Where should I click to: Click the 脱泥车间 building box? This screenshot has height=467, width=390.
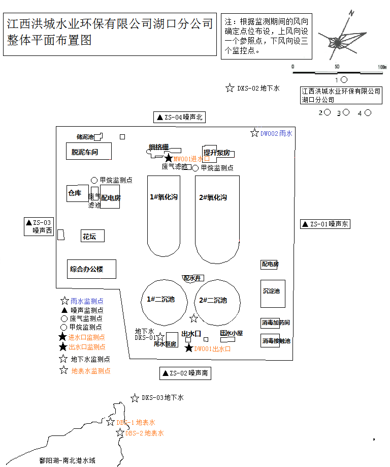click(88, 152)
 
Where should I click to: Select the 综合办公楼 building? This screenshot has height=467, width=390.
click(91, 269)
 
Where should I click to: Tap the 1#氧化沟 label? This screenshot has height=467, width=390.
click(164, 197)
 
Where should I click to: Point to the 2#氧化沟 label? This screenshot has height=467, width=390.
click(213, 197)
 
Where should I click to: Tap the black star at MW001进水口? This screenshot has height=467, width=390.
click(169, 159)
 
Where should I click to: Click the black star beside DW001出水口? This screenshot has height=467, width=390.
click(189, 348)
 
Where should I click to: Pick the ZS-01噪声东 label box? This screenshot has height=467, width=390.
click(324, 224)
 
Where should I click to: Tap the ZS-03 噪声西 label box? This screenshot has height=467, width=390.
click(39, 226)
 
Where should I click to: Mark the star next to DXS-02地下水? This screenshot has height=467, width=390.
click(230, 88)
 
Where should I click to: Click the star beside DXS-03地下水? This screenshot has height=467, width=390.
click(135, 398)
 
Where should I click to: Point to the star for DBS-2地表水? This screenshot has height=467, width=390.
click(120, 433)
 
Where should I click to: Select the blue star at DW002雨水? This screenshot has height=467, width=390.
click(254, 133)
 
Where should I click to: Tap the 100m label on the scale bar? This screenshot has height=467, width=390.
click(382, 67)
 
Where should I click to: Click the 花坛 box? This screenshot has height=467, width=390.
click(93, 236)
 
